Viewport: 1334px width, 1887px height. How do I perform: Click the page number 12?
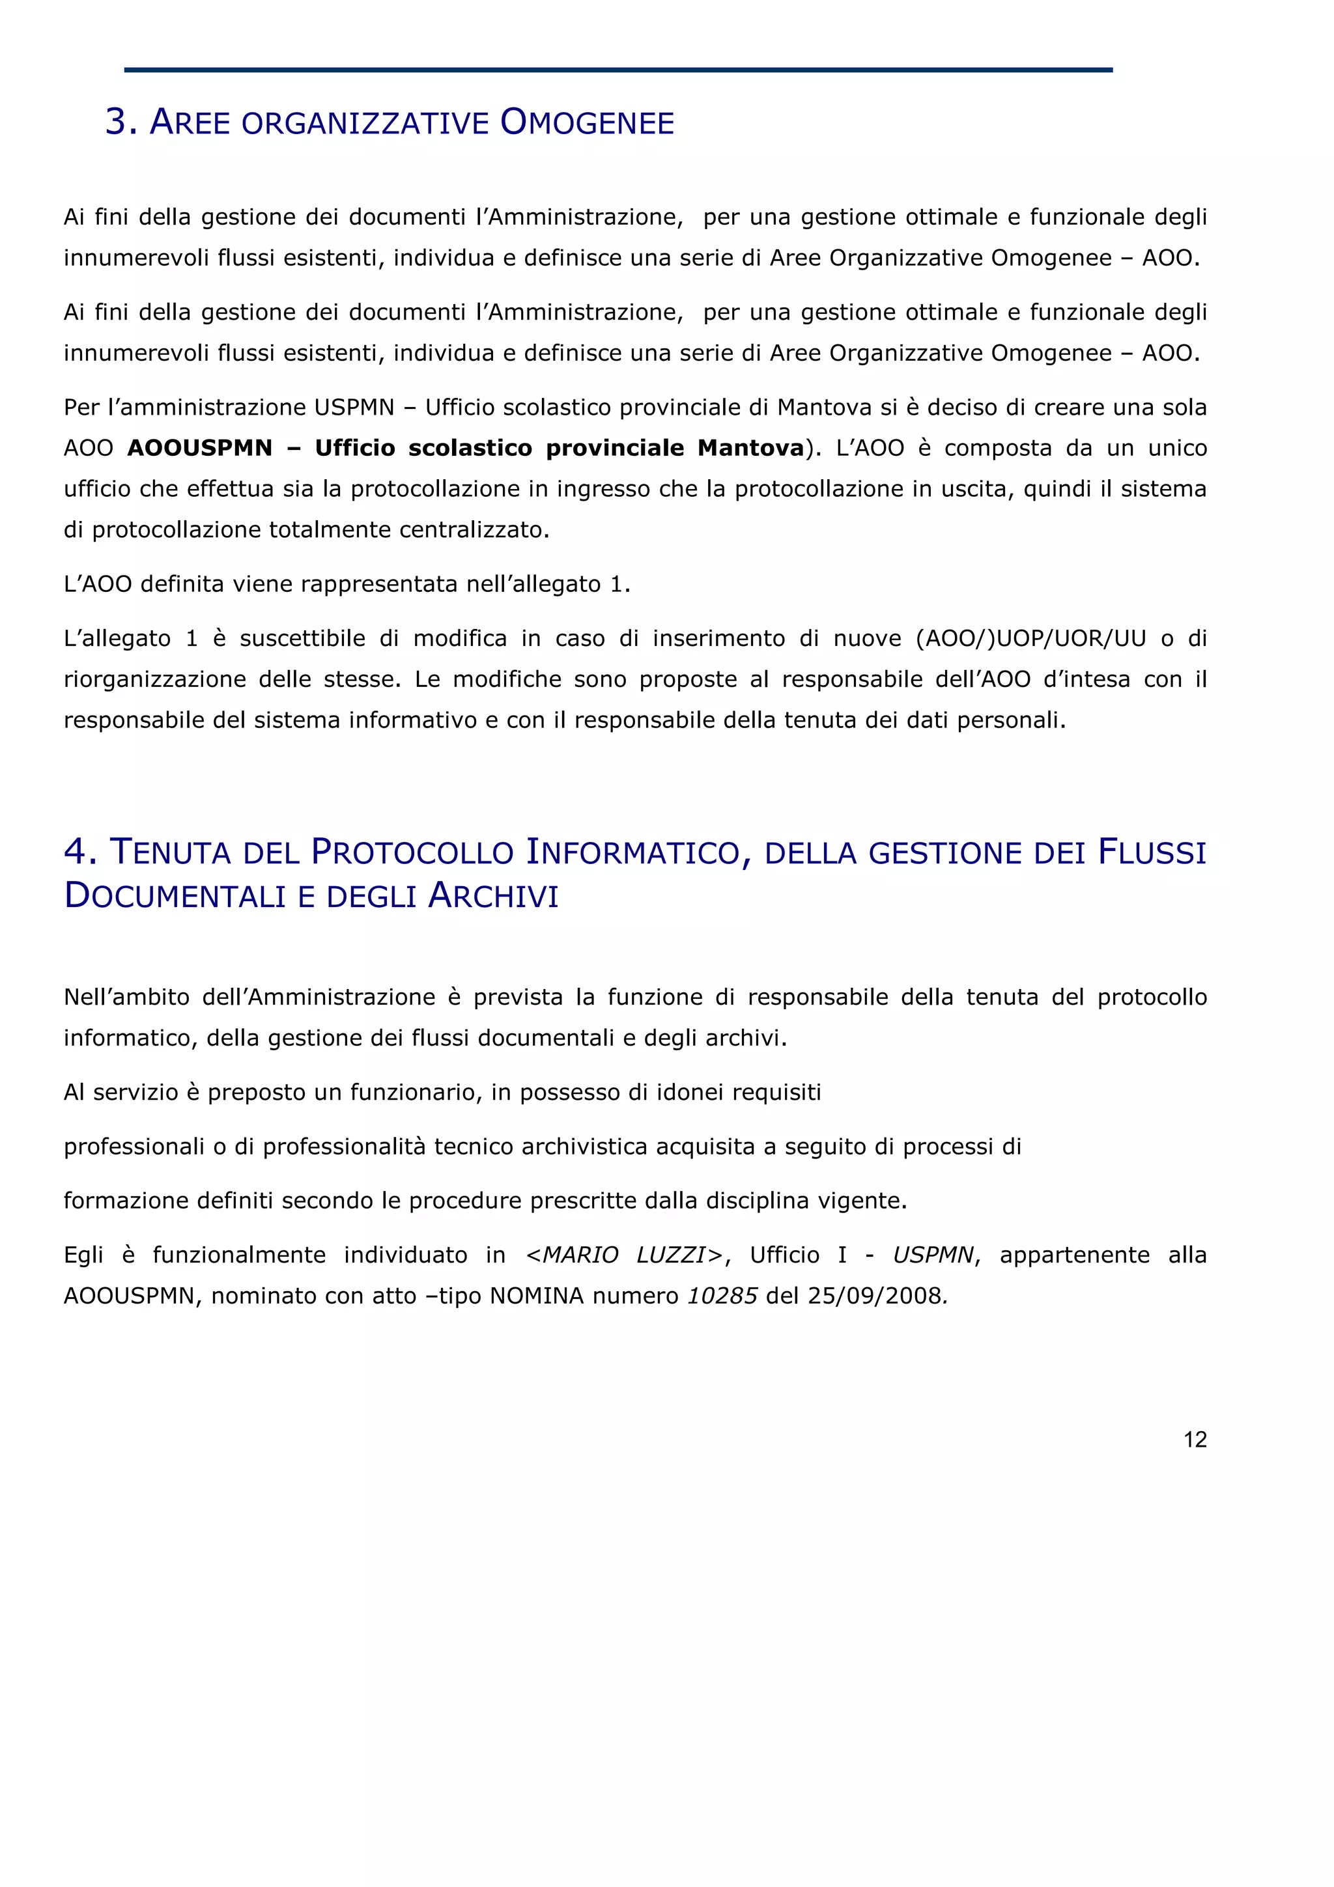[1194, 1439]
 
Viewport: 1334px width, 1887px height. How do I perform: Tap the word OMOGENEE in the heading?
[587, 122]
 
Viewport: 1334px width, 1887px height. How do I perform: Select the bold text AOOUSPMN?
[200, 448]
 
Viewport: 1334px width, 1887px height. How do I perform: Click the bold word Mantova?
[750, 448]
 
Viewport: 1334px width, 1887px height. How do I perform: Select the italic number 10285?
[722, 1296]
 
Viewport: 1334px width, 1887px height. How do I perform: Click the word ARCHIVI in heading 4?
[493, 896]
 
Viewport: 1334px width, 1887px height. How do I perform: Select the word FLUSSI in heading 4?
[1152, 852]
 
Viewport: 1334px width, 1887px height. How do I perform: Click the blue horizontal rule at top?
[618, 70]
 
